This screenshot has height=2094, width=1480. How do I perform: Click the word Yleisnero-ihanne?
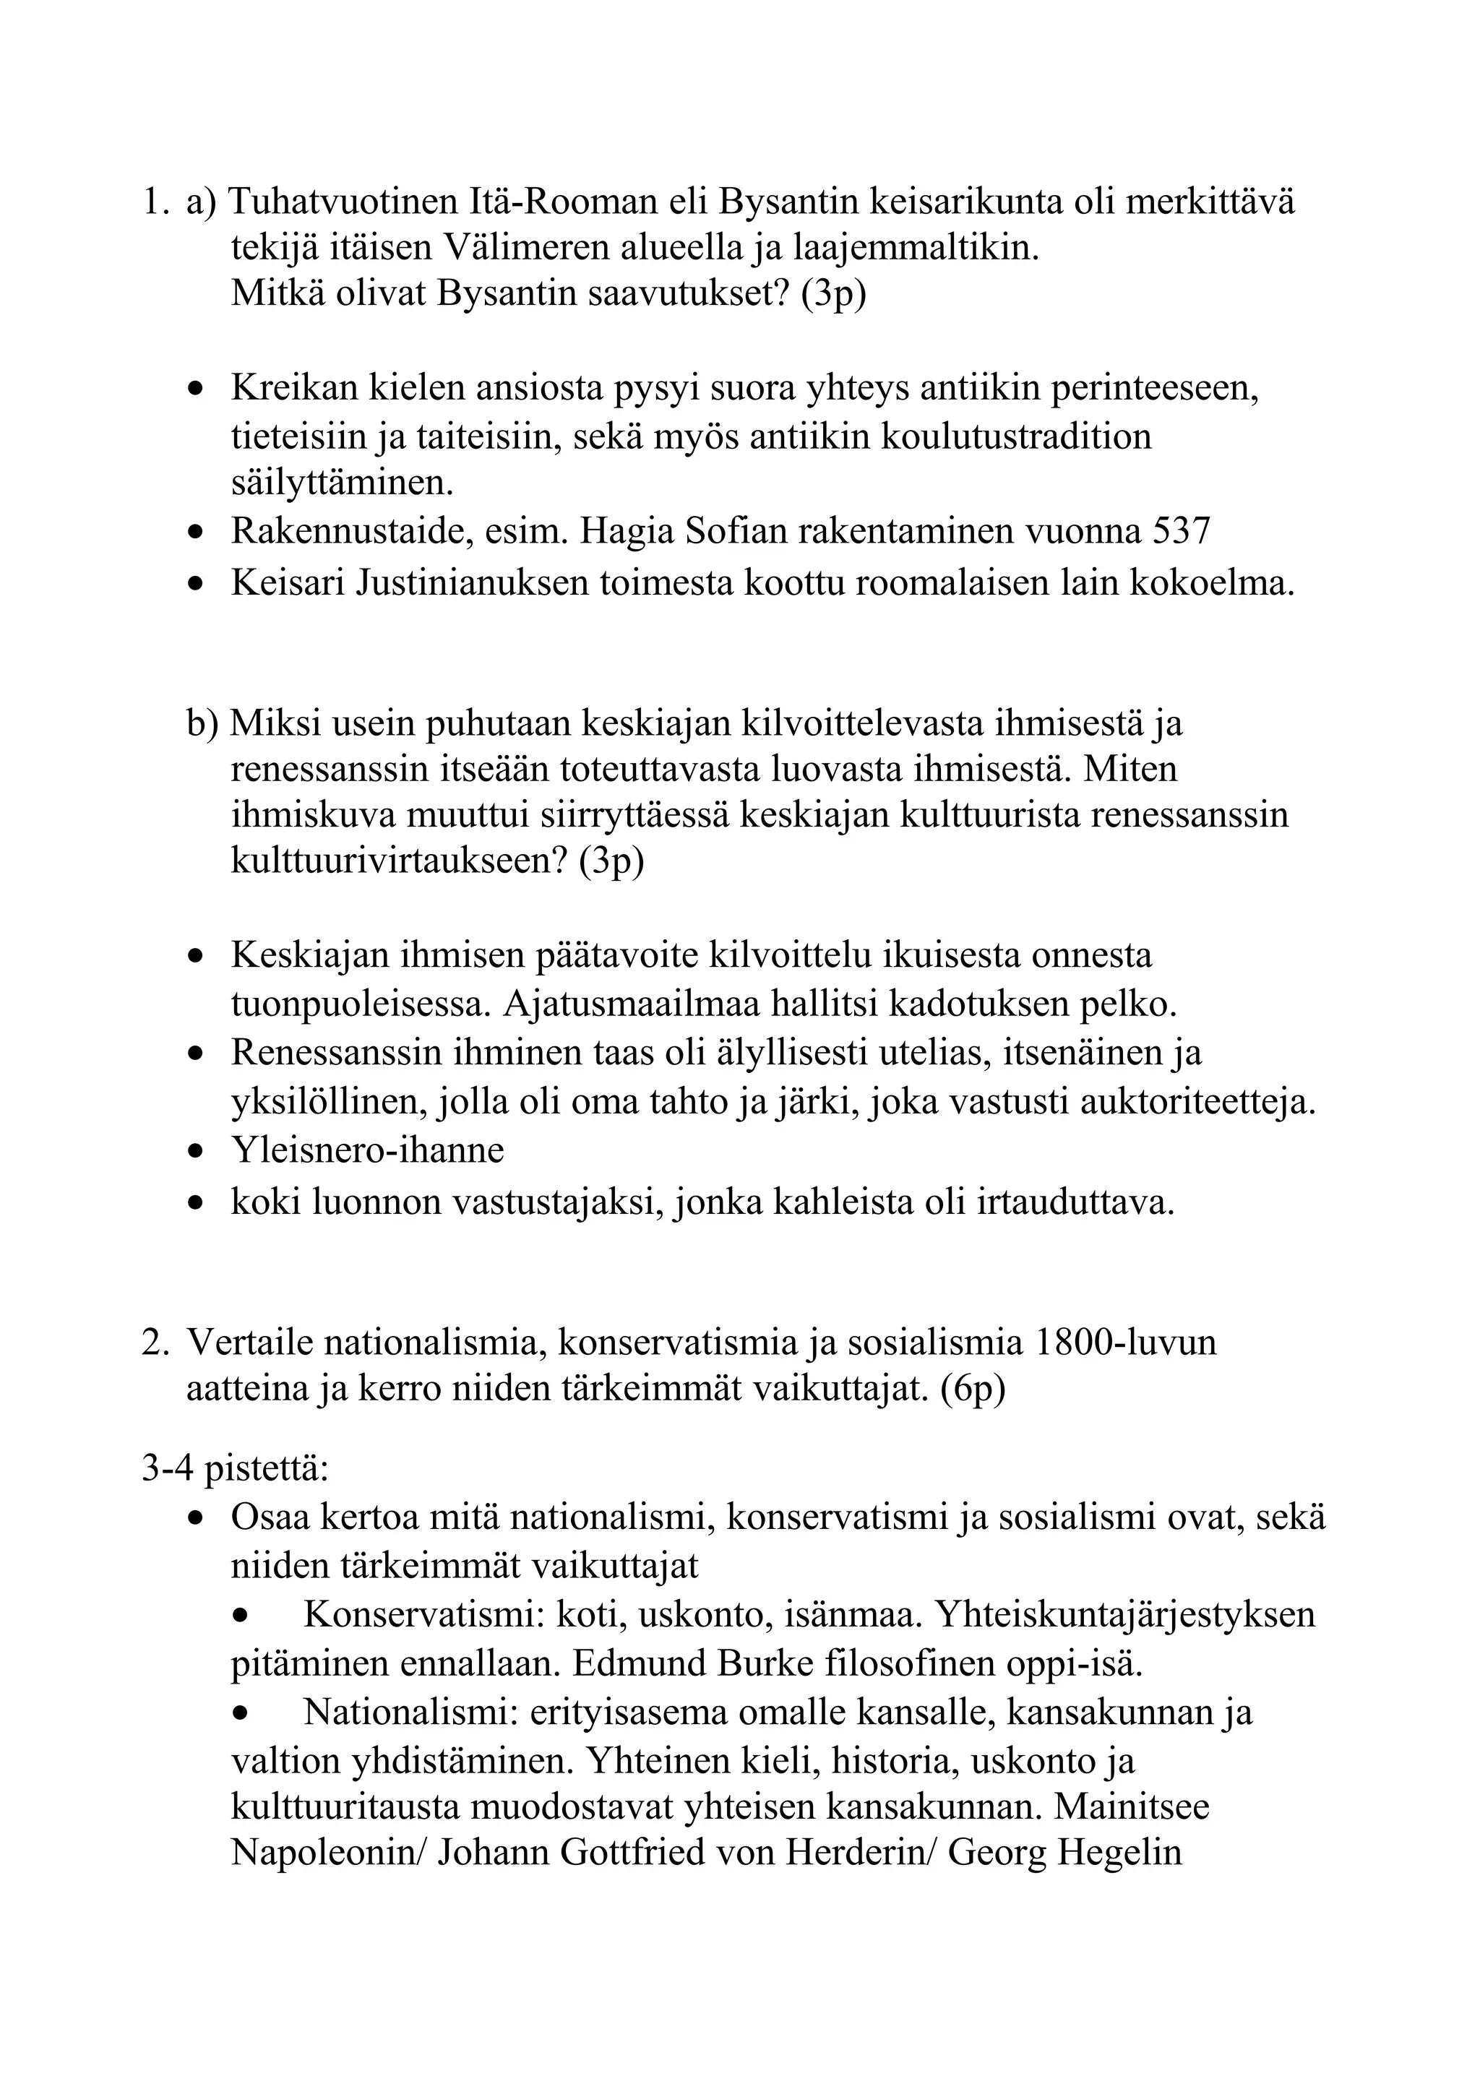tap(366, 1150)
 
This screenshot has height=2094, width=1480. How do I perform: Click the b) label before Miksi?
tap(202, 723)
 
